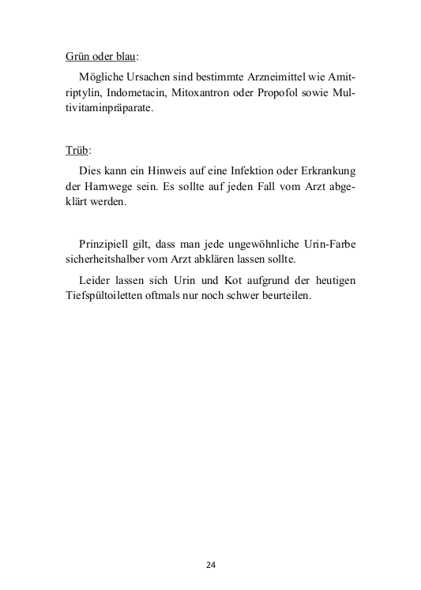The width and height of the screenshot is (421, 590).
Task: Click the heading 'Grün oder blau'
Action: point(100,58)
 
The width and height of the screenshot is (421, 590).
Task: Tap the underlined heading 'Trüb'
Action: point(77,150)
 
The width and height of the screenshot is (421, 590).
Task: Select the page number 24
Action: point(211,565)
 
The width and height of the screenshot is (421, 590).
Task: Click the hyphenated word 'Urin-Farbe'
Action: point(329,245)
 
